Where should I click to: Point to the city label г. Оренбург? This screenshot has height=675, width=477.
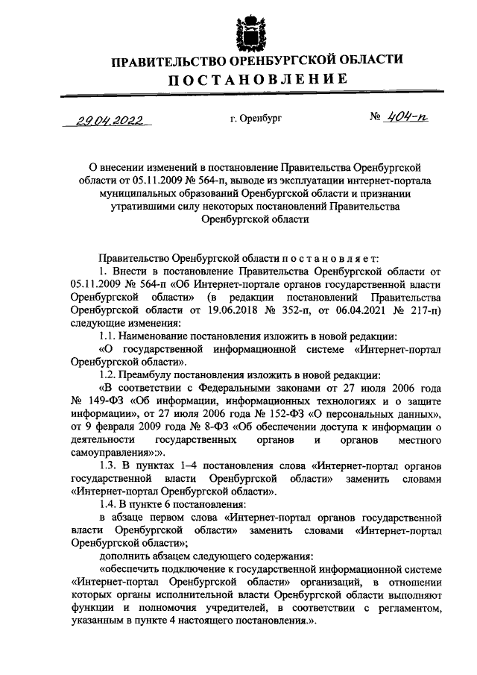pyautogui.click(x=256, y=118)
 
